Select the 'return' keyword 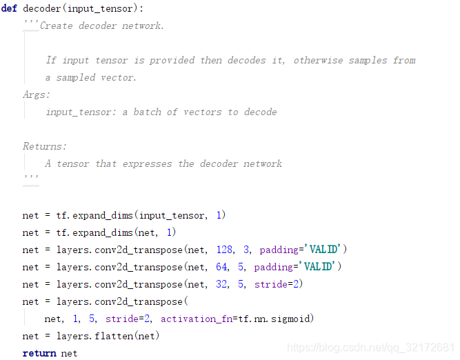click(39, 353)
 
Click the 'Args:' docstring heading click(37, 94)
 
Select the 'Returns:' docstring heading click(45, 146)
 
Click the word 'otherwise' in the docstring click(318, 60)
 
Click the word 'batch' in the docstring click(148, 112)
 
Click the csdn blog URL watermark click(370, 348)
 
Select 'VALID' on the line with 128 click(323, 250)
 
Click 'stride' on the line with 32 click(270, 284)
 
